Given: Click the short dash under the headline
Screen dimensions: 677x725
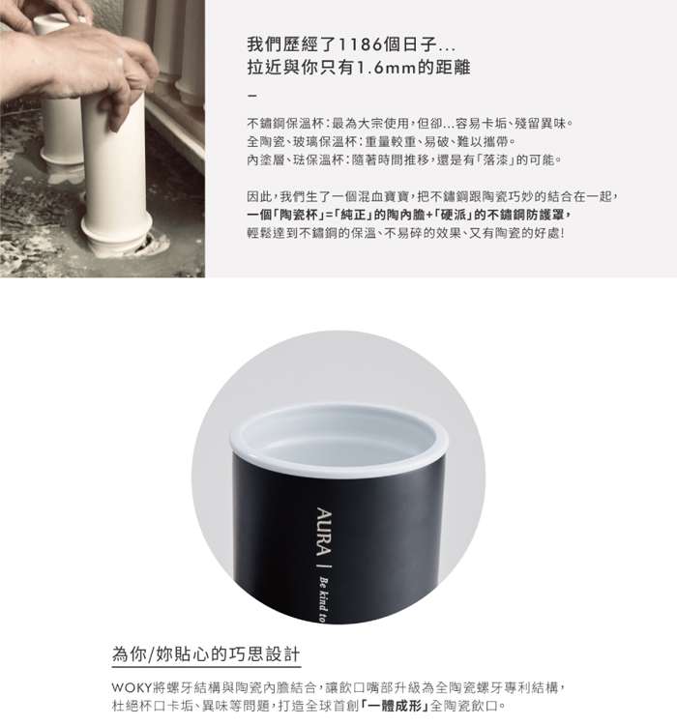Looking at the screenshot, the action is point(251,96).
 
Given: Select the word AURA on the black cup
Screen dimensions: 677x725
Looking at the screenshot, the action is point(323,532).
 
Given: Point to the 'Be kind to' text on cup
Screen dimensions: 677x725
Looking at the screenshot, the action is point(323,600).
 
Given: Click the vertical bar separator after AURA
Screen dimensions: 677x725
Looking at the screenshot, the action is point(324,566).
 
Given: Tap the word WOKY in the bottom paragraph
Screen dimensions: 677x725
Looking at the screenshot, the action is point(131,688).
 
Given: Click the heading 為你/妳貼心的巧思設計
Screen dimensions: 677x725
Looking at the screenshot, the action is point(206,654).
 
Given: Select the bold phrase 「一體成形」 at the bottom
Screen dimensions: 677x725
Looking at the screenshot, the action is point(395,706).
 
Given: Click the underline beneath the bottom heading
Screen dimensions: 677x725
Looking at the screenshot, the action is point(206,667).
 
